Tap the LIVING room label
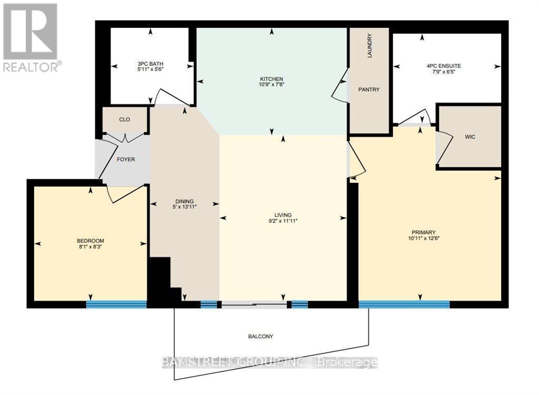point(283,215)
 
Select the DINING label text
point(185,201)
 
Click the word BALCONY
point(261,336)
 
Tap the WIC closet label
point(470,137)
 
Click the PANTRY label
point(369,90)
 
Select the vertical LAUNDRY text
point(370,46)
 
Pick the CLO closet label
point(125,120)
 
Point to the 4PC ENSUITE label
point(443,66)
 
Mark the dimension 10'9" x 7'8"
point(272,84)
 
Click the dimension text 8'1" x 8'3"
point(90,247)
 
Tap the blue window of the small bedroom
point(116,304)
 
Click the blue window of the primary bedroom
point(404,304)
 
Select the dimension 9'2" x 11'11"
point(283,222)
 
